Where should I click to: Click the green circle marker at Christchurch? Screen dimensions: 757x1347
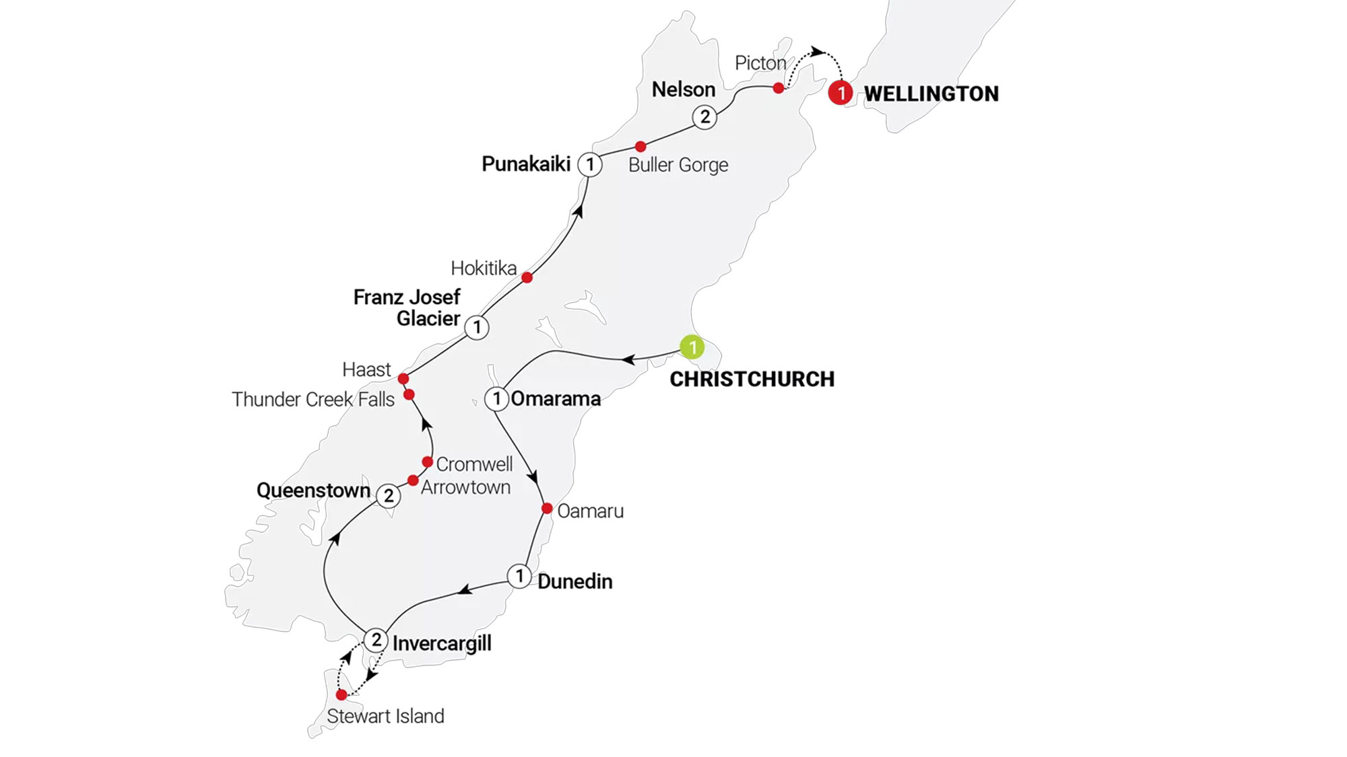coord(692,347)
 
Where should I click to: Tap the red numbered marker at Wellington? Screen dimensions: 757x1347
coord(840,92)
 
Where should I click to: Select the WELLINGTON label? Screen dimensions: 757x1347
coord(931,94)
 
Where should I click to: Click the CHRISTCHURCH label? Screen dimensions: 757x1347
coord(752,379)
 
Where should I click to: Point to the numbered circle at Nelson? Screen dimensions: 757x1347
coord(704,117)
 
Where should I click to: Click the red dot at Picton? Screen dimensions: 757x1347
coord(779,88)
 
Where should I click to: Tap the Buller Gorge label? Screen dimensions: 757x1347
coord(678,165)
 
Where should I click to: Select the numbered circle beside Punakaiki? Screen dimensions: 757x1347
coord(590,164)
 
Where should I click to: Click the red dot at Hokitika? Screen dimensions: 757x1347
coord(527,277)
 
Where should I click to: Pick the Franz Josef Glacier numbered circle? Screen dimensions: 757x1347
coord(477,328)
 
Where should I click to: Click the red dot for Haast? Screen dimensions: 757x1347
coord(403,379)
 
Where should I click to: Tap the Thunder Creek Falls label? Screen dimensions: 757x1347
coord(313,399)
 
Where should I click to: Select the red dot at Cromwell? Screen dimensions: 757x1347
coord(427,462)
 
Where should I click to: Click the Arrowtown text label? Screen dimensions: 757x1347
coord(465,487)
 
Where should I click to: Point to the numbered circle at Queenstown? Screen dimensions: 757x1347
coord(388,496)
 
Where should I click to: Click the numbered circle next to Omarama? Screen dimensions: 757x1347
coord(496,398)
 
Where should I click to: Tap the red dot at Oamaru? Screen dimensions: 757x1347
coord(547,509)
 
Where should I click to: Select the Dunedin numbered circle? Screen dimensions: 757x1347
coord(519,576)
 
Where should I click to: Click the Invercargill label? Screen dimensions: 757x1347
coord(442,643)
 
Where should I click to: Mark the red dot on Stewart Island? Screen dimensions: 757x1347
coord(341,694)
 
